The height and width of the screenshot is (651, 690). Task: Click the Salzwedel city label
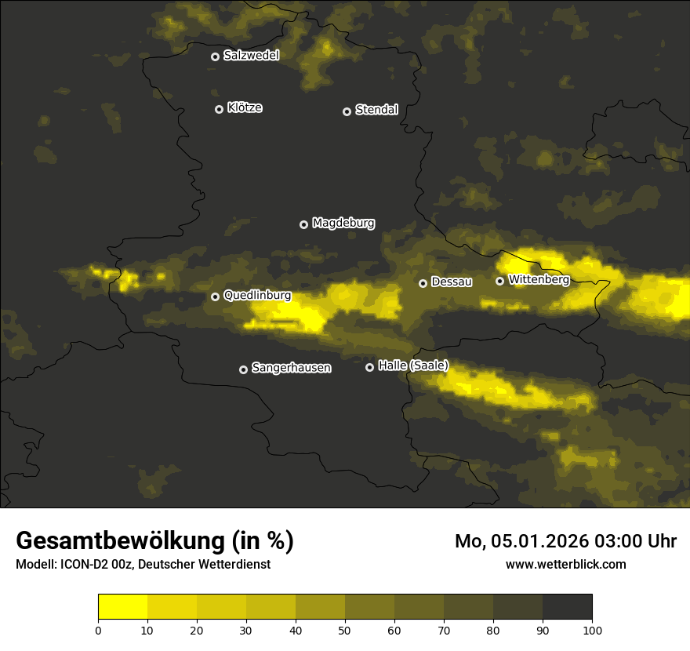point(251,56)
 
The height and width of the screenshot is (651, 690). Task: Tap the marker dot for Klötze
point(220,109)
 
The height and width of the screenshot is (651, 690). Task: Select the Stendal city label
point(376,110)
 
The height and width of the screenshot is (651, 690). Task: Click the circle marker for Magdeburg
point(304,224)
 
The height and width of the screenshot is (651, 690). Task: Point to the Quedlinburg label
point(257,296)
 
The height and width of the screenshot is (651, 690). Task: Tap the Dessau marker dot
point(423,283)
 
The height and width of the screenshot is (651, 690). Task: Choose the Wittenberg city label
point(538,279)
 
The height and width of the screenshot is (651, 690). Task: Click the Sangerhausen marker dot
point(244,369)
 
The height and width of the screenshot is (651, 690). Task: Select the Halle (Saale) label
point(412,366)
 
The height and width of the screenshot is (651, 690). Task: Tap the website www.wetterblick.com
point(566,564)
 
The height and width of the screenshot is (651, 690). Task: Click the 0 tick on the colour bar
point(98,630)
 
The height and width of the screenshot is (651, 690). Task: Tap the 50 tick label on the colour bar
point(345,630)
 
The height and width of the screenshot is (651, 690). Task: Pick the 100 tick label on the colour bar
point(592,630)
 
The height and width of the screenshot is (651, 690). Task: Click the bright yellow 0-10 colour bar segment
point(123,607)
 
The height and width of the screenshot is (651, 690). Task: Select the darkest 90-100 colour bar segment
point(567,607)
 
